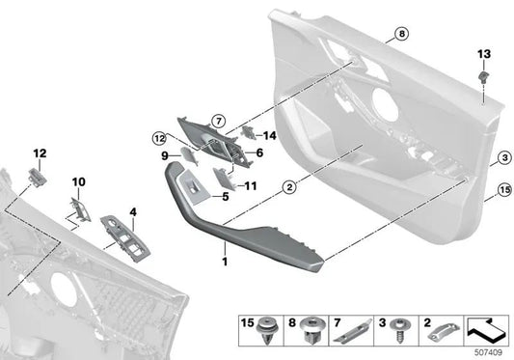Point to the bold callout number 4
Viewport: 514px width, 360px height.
pyautogui.click(x=133, y=211)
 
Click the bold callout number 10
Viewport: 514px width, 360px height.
pyautogui.click(x=79, y=180)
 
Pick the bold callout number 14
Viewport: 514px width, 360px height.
pyautogui.click(x=269, y=136)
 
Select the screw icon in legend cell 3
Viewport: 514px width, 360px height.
pyautogui.click(x=396, y=330)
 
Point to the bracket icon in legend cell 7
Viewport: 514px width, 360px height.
pyautogui.click(x=352, y=331)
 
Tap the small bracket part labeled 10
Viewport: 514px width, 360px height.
pyautogui.click(x=80, y=207)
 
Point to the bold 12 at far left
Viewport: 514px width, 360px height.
pyautogui.click(x=40, y=153)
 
